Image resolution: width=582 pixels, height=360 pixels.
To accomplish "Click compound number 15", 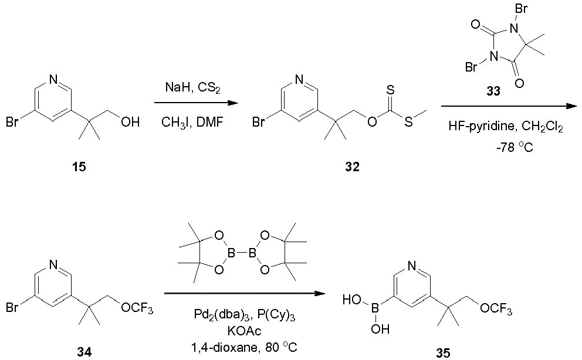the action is pos(79,167).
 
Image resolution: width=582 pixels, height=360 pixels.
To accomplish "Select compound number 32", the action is pos(352,167).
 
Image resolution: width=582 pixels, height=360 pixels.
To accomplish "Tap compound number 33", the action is pos(493,91).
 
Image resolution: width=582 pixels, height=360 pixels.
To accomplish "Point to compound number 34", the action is pos(84,351).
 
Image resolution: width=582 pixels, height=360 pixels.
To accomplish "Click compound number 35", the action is pos(443,352).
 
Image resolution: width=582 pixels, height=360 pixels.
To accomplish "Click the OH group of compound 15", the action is pos(130,121).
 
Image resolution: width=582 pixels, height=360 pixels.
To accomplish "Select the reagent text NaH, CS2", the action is pos(192,88).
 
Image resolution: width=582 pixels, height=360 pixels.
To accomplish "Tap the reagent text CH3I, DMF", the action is pos(192,122).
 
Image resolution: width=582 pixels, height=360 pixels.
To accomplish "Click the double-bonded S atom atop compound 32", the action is pos(391,90).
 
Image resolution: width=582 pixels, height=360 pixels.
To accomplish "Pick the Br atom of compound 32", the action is pos(258,122).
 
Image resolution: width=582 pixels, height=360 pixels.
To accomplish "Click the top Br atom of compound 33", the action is pos(522,9).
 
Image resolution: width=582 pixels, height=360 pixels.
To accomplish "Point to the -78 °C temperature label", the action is pos(514,147).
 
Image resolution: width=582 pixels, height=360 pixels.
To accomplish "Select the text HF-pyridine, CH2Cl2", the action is pos(506,127).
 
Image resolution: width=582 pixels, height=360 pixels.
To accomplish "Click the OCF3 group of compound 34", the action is pos(137,308).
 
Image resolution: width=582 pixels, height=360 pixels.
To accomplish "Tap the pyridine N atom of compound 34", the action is pos(53,264).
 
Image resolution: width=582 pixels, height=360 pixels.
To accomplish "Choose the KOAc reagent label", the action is pos(245,331).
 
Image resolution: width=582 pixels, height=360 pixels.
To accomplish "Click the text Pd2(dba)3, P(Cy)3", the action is pos(245,315).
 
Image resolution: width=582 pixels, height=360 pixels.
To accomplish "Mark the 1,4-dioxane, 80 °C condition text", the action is pos(244,348).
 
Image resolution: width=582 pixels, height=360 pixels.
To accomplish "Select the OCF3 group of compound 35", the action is pos(496,309).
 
